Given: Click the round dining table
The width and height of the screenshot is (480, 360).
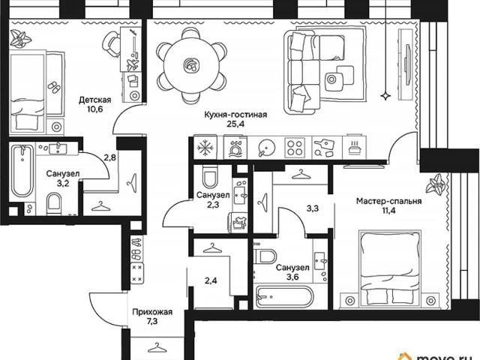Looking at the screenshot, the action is pos(192,65).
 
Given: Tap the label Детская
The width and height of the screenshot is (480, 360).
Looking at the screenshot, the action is pos(95,100).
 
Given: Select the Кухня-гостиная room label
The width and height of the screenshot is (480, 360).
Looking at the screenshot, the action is pos(235,115).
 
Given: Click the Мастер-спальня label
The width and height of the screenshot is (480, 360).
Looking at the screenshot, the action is pos(388,201).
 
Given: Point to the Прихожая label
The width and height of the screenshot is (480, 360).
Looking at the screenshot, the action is pos(152,312).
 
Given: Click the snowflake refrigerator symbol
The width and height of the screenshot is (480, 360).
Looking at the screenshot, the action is pos(205,148).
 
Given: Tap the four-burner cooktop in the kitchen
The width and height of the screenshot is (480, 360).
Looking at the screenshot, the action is pos(295,148).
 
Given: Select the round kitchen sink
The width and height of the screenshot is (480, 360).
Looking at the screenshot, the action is pos(267,148).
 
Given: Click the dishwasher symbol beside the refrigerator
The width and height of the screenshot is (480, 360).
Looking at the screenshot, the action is pos(235,148).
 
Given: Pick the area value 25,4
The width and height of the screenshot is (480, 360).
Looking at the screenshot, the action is pos(235,124).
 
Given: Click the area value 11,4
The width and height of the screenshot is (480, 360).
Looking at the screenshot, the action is pos(388,211).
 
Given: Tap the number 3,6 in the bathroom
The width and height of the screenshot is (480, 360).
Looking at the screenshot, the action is pos(292,277).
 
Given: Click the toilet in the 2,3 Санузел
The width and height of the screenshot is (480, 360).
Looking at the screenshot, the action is pos(210,177).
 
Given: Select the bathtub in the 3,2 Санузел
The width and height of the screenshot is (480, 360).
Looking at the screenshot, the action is pos(22,172).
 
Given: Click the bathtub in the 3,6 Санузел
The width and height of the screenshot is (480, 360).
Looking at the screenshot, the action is pos(284,297).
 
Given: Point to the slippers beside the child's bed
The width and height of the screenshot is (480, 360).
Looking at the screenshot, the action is pos(54,87).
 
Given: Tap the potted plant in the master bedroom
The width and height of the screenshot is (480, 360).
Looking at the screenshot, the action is pos(436,184).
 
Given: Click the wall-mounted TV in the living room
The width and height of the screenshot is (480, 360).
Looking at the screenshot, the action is pos(407,65).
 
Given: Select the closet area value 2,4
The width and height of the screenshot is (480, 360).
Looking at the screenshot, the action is pos(211,280).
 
